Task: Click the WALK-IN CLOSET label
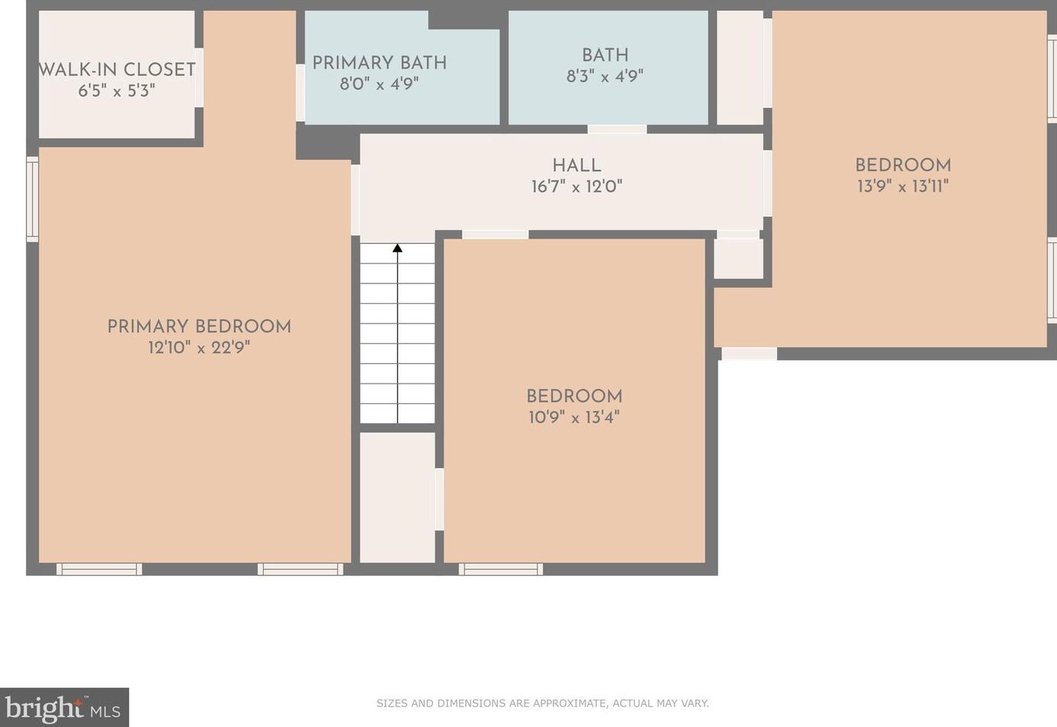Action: point(117,69)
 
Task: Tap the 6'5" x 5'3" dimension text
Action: point(116,90)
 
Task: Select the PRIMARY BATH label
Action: point(379,62)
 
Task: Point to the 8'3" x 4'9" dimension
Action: point(605,76)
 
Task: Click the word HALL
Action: point(576,165)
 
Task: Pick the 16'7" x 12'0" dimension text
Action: point(576,186)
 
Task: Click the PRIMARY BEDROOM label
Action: point(199,326)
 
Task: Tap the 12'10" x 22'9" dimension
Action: point(199,348)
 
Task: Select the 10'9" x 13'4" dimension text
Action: point(574,417)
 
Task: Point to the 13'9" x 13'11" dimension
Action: point(903,186)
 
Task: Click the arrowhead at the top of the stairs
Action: point(397,248)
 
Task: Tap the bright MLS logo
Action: point(64,708)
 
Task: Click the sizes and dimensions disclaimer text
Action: point(542,703)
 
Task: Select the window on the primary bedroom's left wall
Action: point(32,199)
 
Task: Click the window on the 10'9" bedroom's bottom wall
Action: point(500,569)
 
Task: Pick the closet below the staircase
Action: point(397,498)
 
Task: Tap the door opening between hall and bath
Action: point(617,129)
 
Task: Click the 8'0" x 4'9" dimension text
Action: point(379,84)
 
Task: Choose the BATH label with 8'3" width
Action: point(605,55)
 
